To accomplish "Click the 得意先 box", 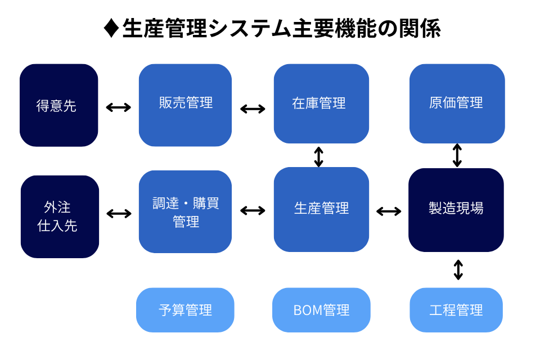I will tap(58, 105).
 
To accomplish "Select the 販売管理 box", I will tap(185, 105).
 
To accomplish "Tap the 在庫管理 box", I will tap(321, 103).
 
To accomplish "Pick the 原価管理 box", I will tap(457, 103).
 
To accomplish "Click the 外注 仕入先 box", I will tap(60, 217).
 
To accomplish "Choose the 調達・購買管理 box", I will tap(185, 211).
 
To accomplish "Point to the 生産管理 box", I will tap(321, 209).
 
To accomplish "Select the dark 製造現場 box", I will tap(456, 209).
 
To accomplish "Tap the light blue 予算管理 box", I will tap(184, 310).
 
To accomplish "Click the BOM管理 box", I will tap(321, 310).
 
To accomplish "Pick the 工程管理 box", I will tap(456, 310).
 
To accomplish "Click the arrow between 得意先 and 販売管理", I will tap(119, 107).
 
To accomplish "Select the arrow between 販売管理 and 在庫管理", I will tap(253, 109).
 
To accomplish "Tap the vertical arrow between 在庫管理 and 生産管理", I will tap(319, 156).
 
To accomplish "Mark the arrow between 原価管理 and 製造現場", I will tap(457, 155).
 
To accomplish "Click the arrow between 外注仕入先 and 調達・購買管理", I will tap(119, 213).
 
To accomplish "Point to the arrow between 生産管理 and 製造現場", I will tap(389, 211).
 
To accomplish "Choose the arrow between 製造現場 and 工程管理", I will tap(458, 269).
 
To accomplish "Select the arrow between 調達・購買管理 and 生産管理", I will tap(253, 210).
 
